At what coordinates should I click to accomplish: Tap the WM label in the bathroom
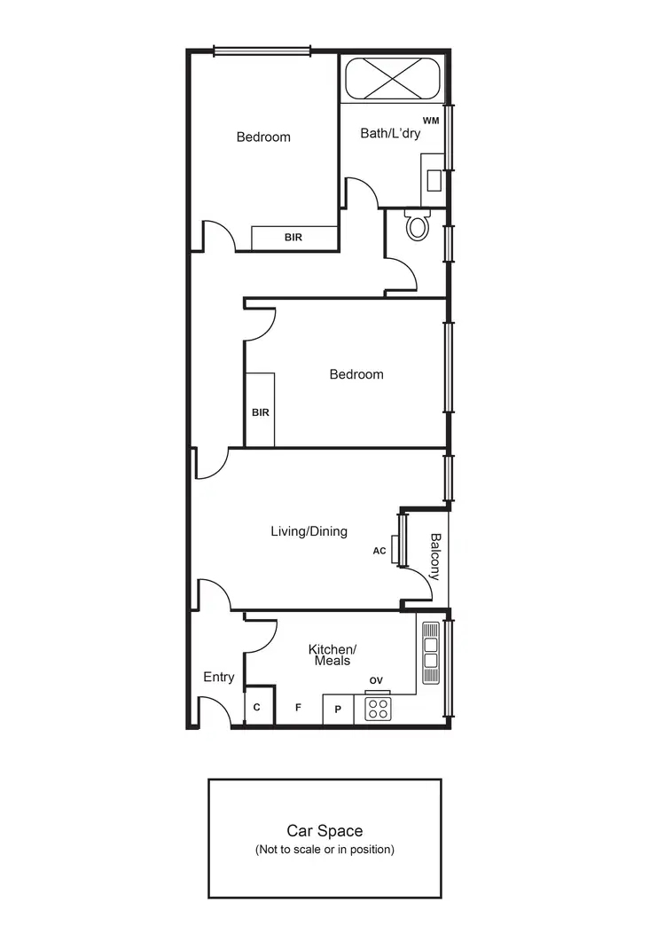click(x=431, y=120)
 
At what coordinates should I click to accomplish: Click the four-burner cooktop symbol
click(x=379, y=709)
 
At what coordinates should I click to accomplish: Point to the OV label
click(x=376, y=680)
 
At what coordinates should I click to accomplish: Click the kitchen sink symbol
click(x=431, y=652)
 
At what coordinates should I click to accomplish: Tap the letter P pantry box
click(x=338, y=710)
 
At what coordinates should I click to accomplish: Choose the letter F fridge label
click(x=298, y=708)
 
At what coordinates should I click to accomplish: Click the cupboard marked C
click(x=257, y=708)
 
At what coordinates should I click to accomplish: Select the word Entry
click(x=219, y=678)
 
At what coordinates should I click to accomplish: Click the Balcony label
click(x=435, y=556)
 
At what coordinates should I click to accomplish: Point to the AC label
click(x=379, y=551)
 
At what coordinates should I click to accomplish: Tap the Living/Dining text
click(x=309, y=531)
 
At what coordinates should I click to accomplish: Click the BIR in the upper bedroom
click(x=293, y=238)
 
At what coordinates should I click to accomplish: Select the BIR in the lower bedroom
click(x=260, y=412)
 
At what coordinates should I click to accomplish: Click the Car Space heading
click(x=325, y=831)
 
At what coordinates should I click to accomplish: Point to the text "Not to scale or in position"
click(x=325, y=850)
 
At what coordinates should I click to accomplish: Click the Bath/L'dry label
click(x=390, y=134)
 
